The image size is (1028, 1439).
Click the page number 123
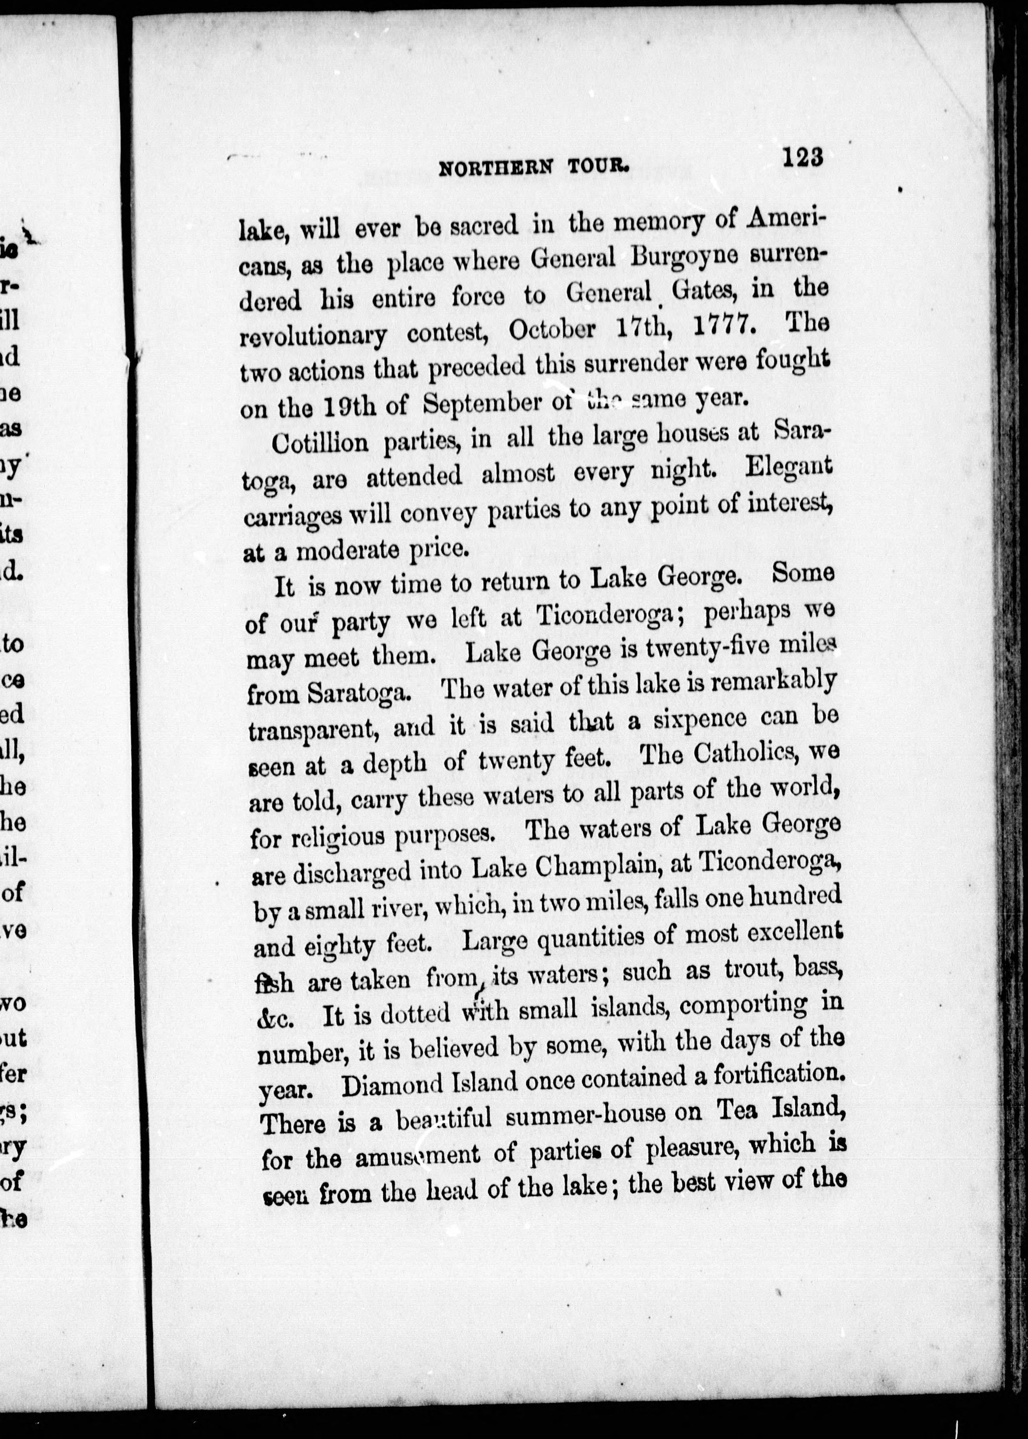pyautogui.click(x=802, y=157)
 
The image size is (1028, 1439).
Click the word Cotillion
pyautogui.click(x=320, y=442)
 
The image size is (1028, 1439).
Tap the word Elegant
pyautogui.click(x=787, y=468)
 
